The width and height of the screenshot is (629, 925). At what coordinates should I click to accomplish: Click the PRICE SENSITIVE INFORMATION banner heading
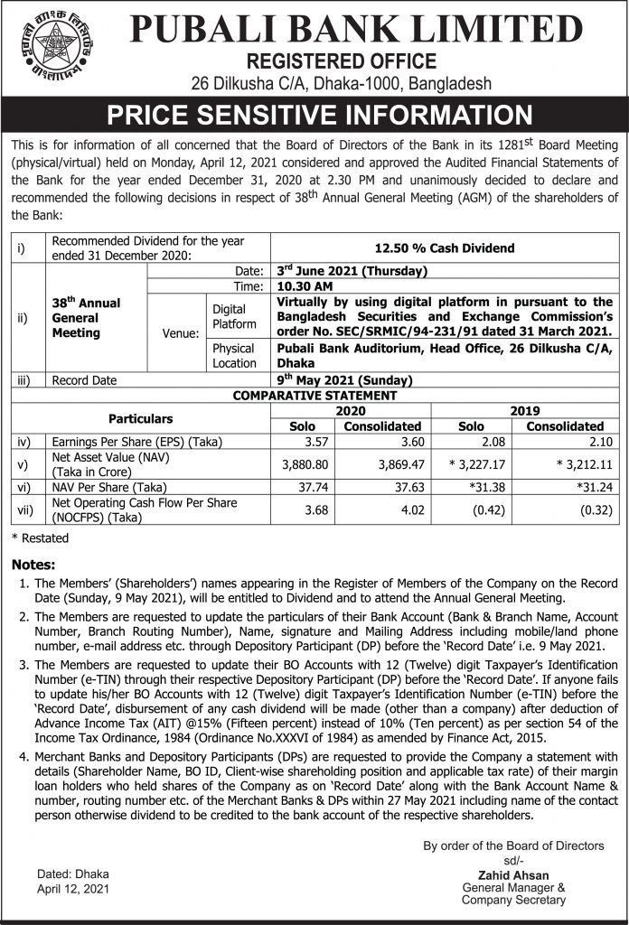[x=314, y=116]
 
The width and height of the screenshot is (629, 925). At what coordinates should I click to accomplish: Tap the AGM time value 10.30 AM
[x=305, y=285]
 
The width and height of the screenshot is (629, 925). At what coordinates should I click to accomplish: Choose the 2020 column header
[x=352, y=410]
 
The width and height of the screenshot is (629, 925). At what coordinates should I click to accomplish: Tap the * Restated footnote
[x=40, y=538]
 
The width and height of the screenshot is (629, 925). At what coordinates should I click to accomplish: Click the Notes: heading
[x=34, y=565]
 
